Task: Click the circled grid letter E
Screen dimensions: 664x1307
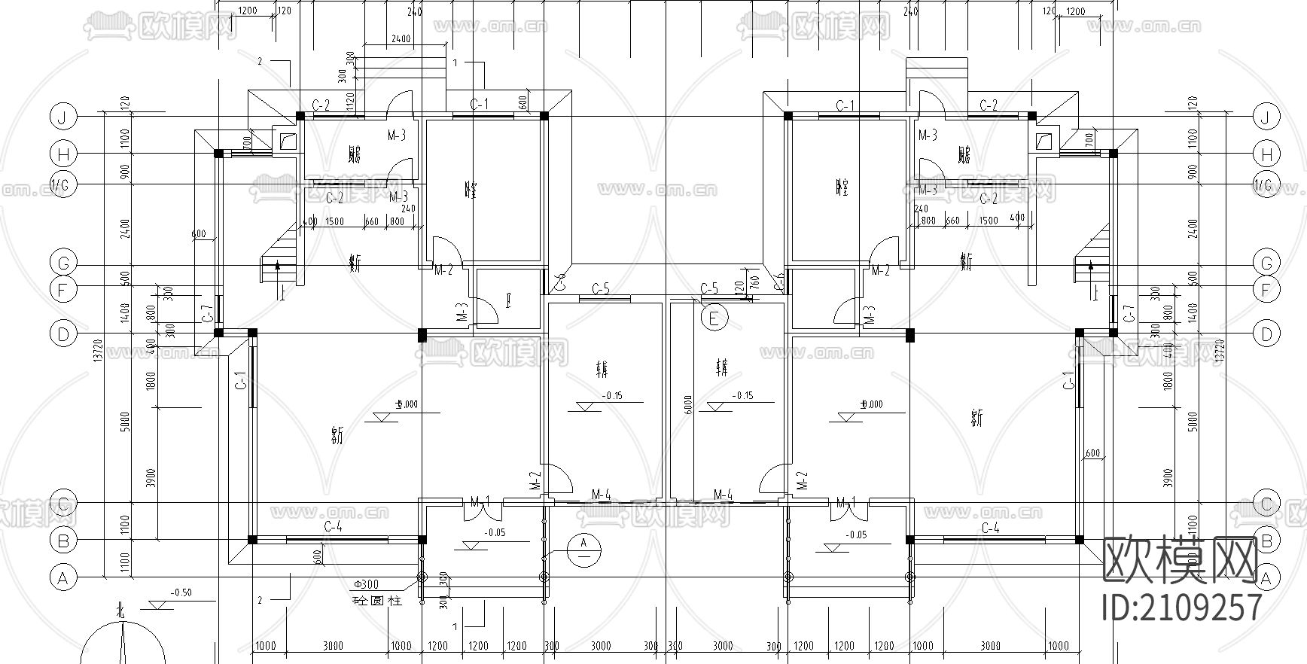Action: [714, 318]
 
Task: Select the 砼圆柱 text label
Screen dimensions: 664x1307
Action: [378, 601]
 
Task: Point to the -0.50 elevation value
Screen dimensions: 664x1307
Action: [181, 593]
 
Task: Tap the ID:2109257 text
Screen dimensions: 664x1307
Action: [1181, 607]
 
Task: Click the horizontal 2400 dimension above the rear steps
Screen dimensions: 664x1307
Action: [401, 39]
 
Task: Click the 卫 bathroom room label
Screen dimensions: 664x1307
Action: [509, 304]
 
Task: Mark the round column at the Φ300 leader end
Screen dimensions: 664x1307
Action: [421, 577]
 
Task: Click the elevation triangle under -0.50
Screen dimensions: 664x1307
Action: [160, 605]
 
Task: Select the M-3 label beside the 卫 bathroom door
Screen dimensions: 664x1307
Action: [465, 312]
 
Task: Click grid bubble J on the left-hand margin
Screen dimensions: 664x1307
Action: [63, 117]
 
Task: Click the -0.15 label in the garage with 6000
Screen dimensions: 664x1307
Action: [742, 396]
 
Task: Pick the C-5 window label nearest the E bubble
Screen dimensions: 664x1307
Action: [709, 288]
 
